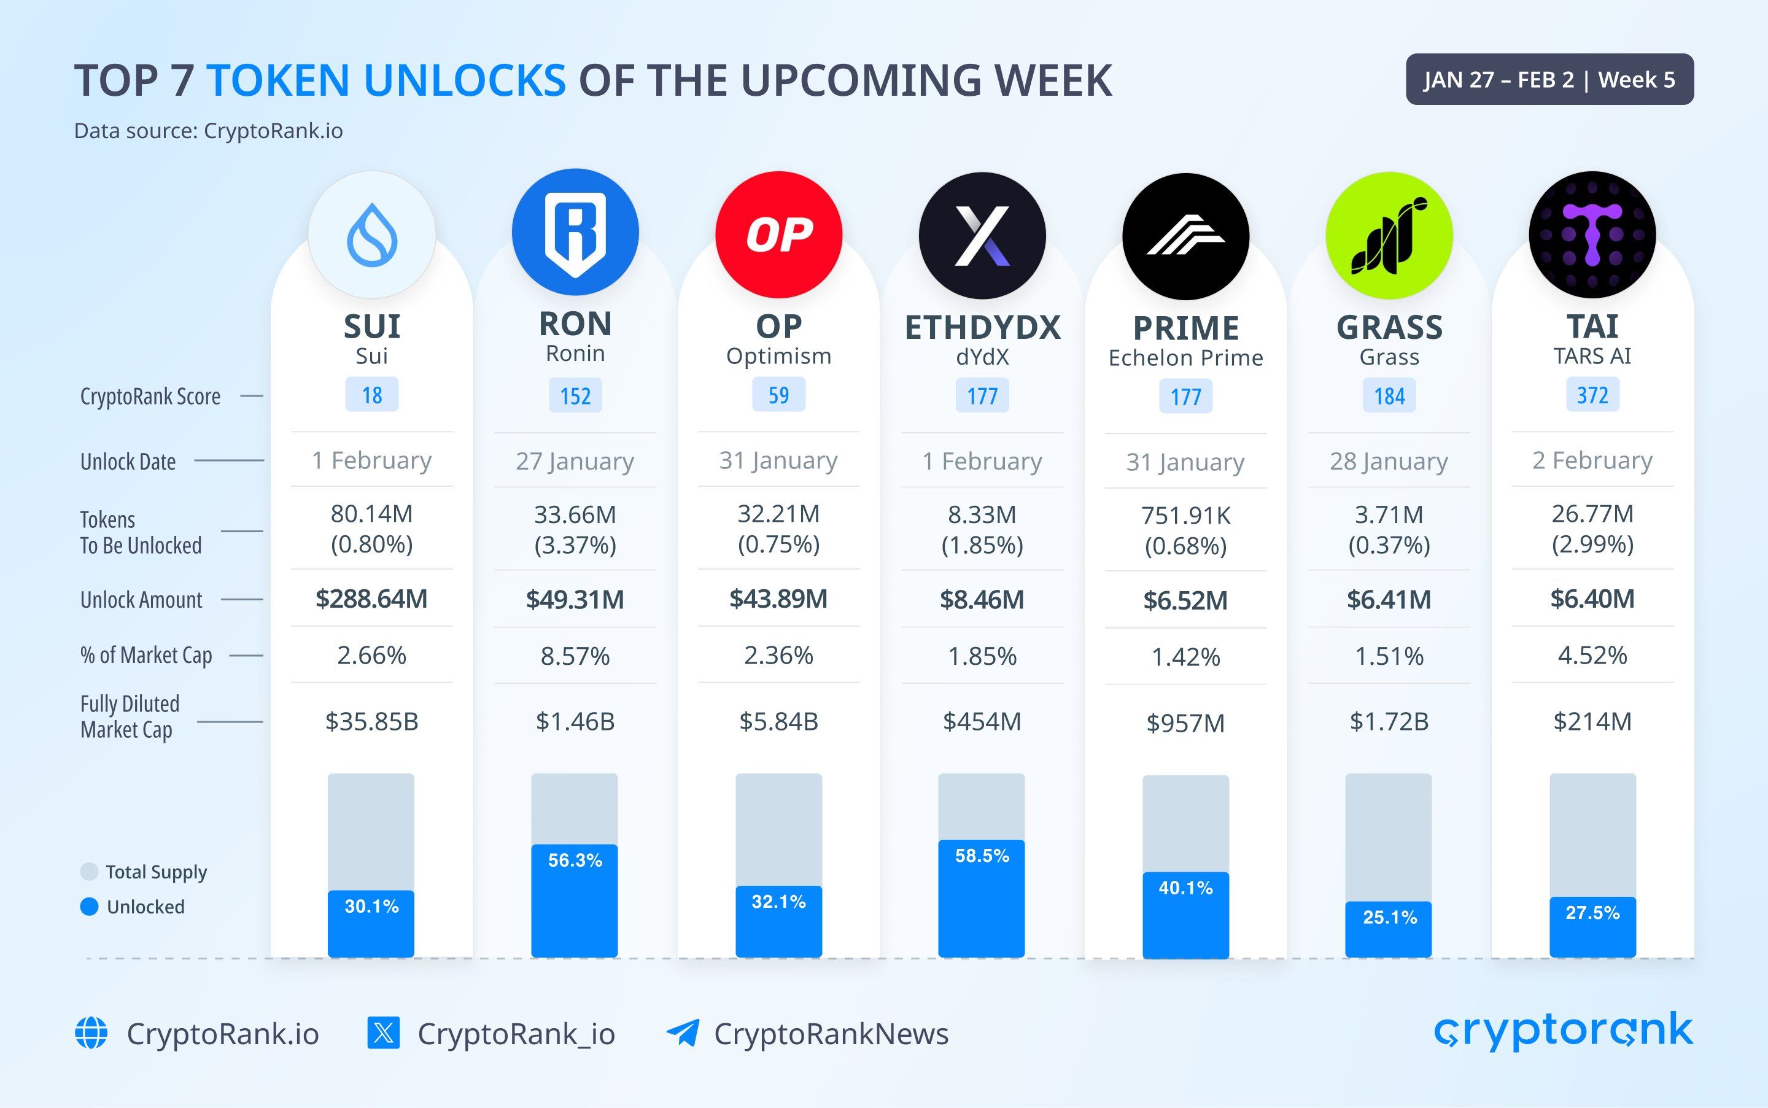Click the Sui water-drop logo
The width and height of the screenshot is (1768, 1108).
371,235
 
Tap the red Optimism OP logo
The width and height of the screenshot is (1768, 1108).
779,234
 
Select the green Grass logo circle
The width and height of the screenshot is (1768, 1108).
1389,235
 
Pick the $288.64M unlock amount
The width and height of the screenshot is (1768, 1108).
371,599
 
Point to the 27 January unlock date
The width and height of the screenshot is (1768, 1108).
575,461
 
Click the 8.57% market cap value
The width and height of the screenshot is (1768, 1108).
575,656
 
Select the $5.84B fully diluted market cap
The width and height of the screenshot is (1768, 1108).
778,722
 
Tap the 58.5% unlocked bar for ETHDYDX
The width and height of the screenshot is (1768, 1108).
982,897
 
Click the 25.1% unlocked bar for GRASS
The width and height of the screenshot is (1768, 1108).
1389,929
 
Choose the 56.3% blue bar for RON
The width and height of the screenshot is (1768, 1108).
575,900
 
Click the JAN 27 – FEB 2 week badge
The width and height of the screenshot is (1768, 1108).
1549,79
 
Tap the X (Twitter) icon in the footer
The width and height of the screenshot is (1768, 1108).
383,1033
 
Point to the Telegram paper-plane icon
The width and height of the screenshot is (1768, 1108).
682,1033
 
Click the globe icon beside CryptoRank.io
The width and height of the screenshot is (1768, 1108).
91,1033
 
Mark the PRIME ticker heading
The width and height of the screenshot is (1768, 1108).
1185,328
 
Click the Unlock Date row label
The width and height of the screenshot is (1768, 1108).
128,462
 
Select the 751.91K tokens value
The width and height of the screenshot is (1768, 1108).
1185,516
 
